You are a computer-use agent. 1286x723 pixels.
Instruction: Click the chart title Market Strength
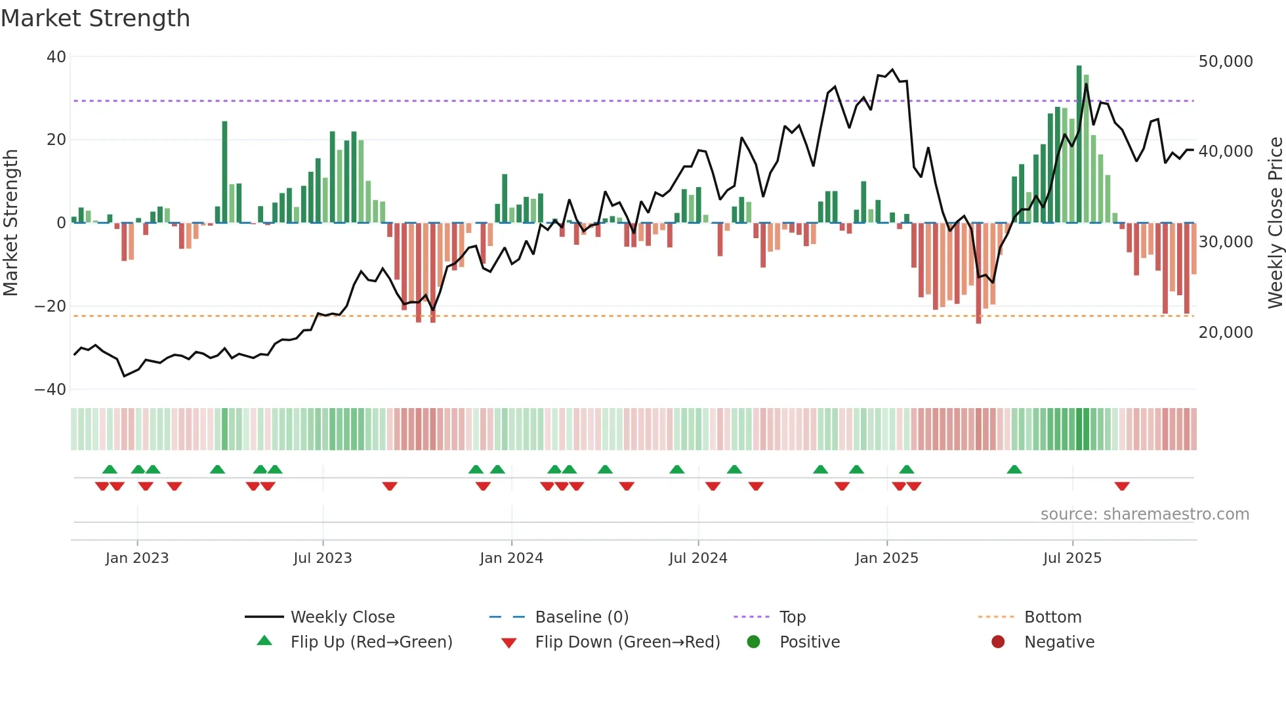coord(95,18)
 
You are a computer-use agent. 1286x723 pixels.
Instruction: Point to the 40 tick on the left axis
coord(56,57)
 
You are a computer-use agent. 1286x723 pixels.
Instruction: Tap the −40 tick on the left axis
coord(51,390)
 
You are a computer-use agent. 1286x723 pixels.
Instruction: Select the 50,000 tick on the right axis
coord(1225,62)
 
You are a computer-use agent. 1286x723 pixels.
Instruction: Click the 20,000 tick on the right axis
coord(1225,333)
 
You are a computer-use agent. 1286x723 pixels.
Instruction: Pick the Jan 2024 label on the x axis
coord(511,558)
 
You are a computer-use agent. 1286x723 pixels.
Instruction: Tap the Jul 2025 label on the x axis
coord(1072,558)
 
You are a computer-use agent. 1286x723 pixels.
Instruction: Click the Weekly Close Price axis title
coord(1275,223)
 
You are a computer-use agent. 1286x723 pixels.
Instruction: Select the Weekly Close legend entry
coord(342,617)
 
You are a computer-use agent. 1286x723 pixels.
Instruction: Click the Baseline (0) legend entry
coord(581,617)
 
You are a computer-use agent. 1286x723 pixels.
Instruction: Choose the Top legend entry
coord(792,617)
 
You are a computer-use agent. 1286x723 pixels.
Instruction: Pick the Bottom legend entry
coord(1052,617)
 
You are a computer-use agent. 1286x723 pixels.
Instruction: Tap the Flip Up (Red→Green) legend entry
coord(371,642)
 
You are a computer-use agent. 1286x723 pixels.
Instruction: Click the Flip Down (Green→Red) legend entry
coord(627,642)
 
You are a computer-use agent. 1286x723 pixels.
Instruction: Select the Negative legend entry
coord(1059,642)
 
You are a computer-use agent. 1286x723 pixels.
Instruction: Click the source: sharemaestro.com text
coord(1144,514)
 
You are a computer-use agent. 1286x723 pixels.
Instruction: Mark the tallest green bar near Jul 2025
coord(1079,144)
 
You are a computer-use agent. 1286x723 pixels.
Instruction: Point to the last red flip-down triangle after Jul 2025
coord(1122,486)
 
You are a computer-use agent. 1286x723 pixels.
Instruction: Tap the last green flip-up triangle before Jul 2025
coord(1014,469)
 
